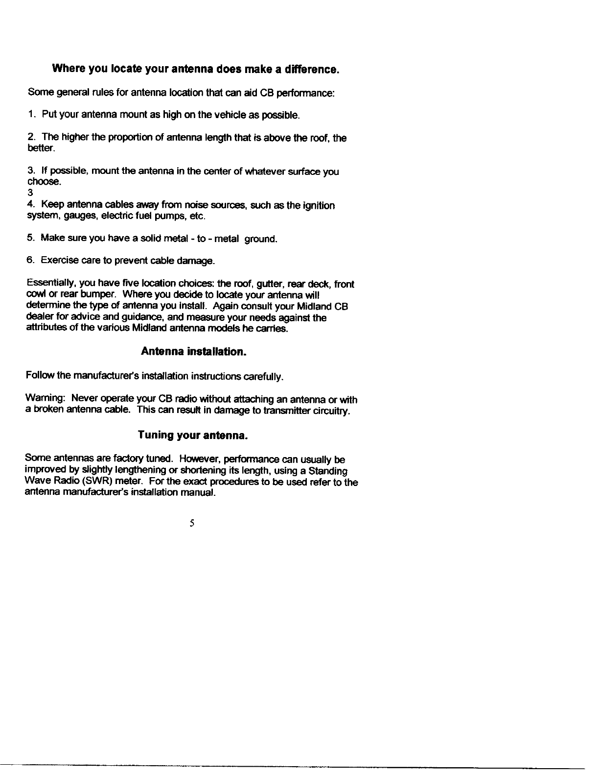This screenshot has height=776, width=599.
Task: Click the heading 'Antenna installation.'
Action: [193, 352]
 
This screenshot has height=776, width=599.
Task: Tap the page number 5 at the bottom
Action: [192, 524]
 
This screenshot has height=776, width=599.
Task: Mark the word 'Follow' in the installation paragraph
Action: [40, 376]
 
